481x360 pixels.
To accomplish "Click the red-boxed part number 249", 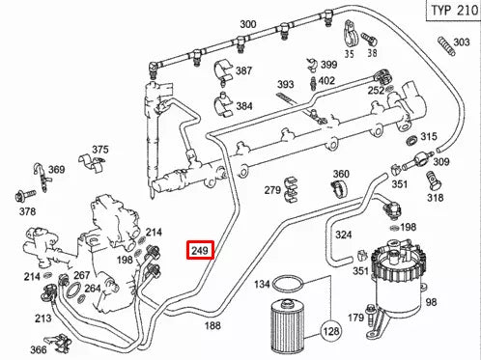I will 200,251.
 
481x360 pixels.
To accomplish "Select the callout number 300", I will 248,24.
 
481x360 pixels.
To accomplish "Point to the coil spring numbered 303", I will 446,44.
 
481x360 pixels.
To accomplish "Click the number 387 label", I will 243,71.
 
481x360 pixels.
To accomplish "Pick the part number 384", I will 243,105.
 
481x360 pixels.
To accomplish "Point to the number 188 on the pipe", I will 212,326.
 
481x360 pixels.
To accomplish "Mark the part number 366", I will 38,351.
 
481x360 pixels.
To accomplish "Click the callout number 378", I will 27,212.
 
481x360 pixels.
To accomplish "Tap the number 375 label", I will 100,151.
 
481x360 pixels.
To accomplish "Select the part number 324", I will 343,235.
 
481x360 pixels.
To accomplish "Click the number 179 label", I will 355,318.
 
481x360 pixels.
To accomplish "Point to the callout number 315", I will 429,137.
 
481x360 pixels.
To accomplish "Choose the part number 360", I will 341,175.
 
